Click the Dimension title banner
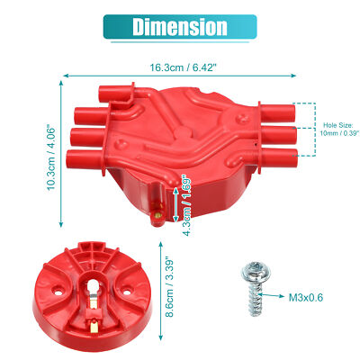point(179,27)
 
